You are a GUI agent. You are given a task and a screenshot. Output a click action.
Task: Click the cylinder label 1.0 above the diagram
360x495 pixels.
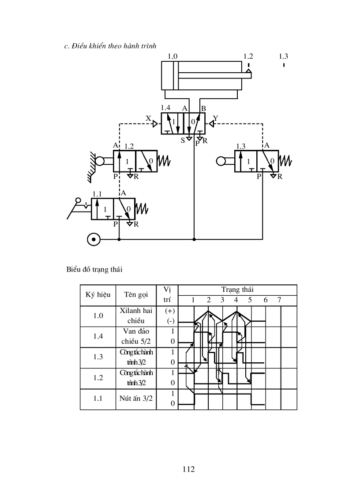coord(172,56)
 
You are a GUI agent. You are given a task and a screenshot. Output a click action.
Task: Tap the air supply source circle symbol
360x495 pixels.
coord(94,239)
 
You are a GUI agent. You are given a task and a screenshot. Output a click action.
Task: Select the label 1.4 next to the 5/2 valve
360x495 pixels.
coord(165,108)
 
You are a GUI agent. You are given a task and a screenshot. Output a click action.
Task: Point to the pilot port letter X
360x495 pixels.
coord(148,119)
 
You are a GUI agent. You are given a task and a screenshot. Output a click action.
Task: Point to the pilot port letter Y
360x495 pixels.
coord(215,118)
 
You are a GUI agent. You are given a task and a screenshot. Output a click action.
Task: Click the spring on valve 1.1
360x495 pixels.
coord(142,208)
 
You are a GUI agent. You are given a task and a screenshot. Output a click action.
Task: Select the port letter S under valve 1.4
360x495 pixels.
coord(182,140)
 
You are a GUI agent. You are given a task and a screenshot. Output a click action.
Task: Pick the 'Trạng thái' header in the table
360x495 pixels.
coord(237,290)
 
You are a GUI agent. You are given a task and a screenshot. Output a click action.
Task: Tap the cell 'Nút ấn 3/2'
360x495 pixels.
coord(136,398)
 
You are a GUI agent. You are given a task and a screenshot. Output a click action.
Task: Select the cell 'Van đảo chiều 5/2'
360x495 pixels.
coord(136,336)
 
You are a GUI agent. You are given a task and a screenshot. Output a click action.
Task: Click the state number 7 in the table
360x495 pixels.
coord(279,300)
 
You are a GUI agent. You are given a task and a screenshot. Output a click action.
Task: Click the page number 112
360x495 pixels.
coord(188,469)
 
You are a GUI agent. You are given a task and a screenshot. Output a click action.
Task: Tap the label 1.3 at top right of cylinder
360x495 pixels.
coord(283,56)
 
